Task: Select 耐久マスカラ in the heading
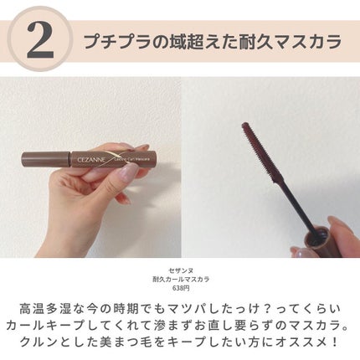coord(288,39)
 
